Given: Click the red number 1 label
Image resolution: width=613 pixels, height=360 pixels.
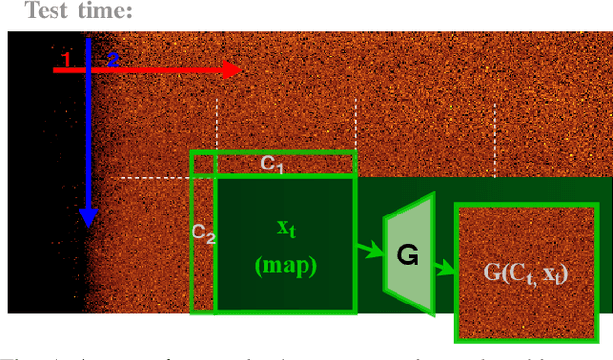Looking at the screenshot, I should [65, 60].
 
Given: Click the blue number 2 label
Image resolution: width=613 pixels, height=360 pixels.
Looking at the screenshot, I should [112, 60].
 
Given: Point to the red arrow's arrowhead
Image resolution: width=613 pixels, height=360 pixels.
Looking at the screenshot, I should [231, 70].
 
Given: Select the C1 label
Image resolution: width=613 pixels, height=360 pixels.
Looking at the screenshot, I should [273, 165].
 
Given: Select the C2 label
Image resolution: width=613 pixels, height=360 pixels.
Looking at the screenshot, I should [202, 233].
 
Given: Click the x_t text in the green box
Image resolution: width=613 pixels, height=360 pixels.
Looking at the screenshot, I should [285, 228].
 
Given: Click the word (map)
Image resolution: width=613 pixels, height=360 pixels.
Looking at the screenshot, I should [285, 264].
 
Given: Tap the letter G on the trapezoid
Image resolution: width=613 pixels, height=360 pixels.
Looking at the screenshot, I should [408, 256].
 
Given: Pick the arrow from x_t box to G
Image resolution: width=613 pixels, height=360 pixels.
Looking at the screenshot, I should [369, 251].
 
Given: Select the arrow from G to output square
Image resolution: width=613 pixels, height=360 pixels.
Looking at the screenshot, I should [443, 270].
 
